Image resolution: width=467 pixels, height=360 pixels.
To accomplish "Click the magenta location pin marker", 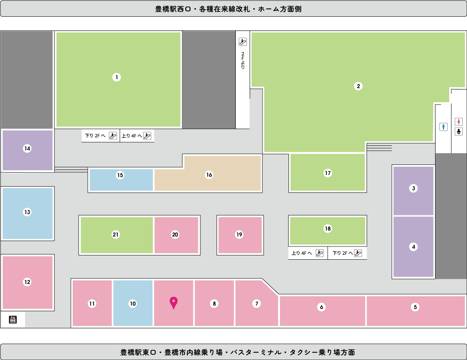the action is [x=173, y=302].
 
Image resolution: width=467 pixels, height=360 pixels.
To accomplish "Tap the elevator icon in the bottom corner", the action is [x=13, y=320].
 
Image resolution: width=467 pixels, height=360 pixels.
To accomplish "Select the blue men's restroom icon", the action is [x=443, y=127].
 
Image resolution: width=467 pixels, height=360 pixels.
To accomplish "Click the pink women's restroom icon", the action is [x=458, y=122].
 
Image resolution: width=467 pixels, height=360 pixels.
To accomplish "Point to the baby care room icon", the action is [x=458, y=131].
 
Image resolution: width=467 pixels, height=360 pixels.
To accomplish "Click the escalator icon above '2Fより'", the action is [x=243, y=42].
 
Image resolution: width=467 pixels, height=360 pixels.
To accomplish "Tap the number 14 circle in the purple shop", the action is [x=27, y=149].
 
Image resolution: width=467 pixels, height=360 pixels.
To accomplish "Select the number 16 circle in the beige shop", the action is [x=209, y=175].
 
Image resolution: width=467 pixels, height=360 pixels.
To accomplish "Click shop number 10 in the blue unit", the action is [x=133, y=304].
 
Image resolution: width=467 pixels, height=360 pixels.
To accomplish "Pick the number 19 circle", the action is [x=239, y=234].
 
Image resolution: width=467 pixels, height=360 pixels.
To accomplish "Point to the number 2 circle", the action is [x=358, y=86].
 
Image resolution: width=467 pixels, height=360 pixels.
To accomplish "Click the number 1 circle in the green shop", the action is [x=117, y=77].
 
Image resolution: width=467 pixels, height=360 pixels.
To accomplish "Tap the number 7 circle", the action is [x=256, y=304].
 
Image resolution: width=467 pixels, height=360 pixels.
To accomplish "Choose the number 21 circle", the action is [x=115, y=234].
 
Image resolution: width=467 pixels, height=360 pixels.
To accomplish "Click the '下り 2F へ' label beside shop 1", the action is [x=95, y=136].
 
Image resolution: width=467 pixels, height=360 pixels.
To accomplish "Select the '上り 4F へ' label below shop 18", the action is [x=301, y=253].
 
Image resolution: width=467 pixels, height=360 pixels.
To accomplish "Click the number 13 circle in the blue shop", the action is [x=27, y=212].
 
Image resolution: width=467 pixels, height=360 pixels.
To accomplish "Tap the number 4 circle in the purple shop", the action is [x=413, y=247].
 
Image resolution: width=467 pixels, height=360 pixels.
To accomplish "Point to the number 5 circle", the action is [x=415, y=307].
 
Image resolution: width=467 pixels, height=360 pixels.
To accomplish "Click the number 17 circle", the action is [x=328, y=173].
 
